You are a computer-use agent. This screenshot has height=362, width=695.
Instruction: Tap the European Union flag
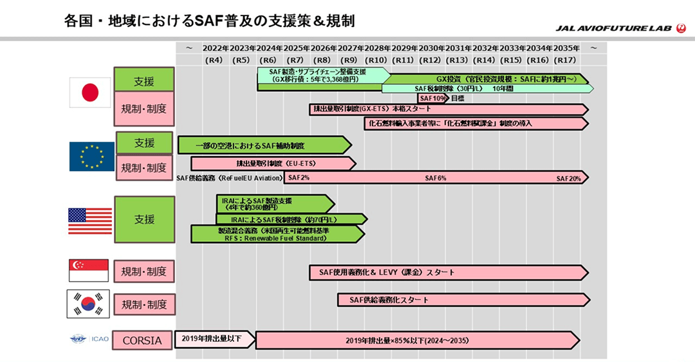point(91,157)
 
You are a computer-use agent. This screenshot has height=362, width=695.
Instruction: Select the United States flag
point(90,221)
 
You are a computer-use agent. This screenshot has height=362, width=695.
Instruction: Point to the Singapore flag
point(88,271)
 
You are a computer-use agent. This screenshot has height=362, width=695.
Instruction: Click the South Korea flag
point(88,304)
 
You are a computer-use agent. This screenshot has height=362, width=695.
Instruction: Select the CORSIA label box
point(143,340)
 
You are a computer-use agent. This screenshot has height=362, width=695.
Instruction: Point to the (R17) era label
point(565,60)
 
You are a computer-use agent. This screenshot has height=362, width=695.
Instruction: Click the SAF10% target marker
point(432,98)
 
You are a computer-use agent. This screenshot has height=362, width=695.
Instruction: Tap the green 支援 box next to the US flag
point(144,220)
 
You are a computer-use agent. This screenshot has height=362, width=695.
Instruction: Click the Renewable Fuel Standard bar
point(277,234)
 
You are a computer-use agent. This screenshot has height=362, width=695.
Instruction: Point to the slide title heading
point(209,21)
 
